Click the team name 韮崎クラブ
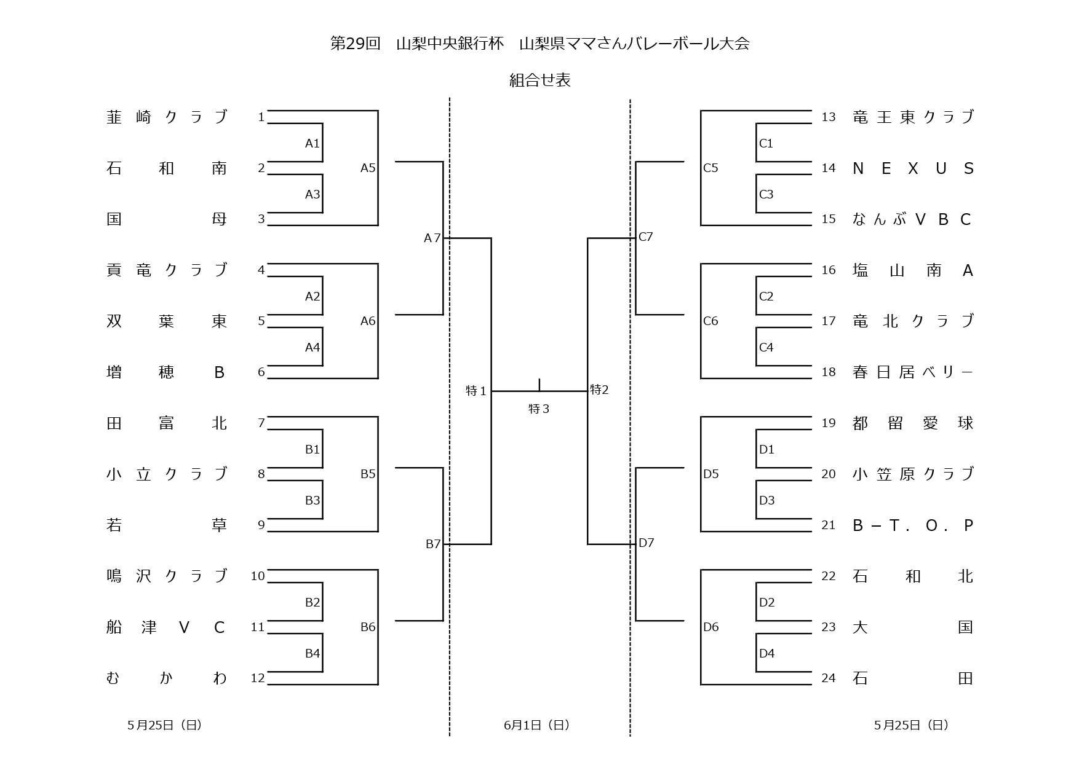pyautogui.click(x=167, y=117)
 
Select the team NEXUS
pyautogui.click(x=913, y=168)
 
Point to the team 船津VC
pyautogui.click(x=167, y=627)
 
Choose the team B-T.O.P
pyautogui.click(x=913, y=525)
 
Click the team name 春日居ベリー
pyautogui.click(x=913, y=372)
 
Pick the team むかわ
pyautogui.click(x=167, y=678)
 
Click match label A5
pyautogui.click(x=368, y=168)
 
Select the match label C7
pyautogui.click(x=646, y=237)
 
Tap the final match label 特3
pyautogui.click(x=539, y=409)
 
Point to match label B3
pyautogui.click(x=313, y=501)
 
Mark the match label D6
pyautogui.click(x=711, y=627)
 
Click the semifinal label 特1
pyautogui.click(x=477, y=391)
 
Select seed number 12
pyautogui.click(x=258, y=678)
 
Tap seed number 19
pyautogui.click(x=829, y=423)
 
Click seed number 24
pyautogui.click(x=829, y=678)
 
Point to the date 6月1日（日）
pyautogui.click(x=536, y=725)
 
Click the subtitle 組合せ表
pyautogui.click(x=539, y=81)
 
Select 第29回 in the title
pyautogui.click(x=356, y=44)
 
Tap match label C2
pyautogui.click(x=766, y=297)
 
